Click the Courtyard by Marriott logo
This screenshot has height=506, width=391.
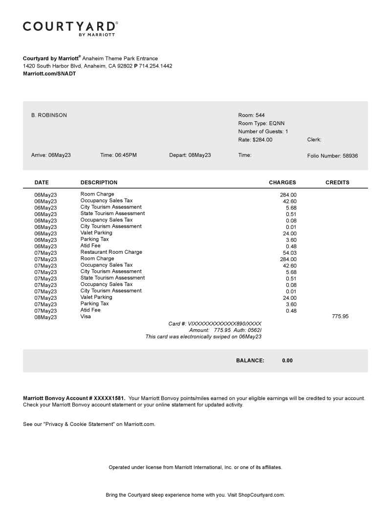click(x=70, y=28)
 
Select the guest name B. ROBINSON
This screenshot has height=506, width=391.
click(x=49, y=115)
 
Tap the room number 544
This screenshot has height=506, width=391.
click(x=260, y=115)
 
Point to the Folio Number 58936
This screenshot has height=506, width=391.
click(x=349, y=156)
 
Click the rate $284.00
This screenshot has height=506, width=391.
click(x=262, y=140)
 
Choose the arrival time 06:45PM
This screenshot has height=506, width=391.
click(x=126, y=155)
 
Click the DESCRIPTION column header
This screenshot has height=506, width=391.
click(x=99, y=183)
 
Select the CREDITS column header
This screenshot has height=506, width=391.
click(x=337, y=183)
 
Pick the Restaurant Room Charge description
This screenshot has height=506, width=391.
click(x=111, y=252)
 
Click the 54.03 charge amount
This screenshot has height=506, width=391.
click(x=290, y=253)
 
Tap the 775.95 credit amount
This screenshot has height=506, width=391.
click(x=340, y=317)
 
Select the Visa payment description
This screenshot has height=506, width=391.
click(x=86, y=317)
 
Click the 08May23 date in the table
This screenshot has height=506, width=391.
click(x=45, y=317)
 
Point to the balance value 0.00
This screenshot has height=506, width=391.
click(x=287, y=361)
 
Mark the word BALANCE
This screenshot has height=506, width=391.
click(x=250, y=361)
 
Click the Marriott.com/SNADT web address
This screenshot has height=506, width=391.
click(x=49, y=74)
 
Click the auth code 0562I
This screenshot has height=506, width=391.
click(x=253, y=330)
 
